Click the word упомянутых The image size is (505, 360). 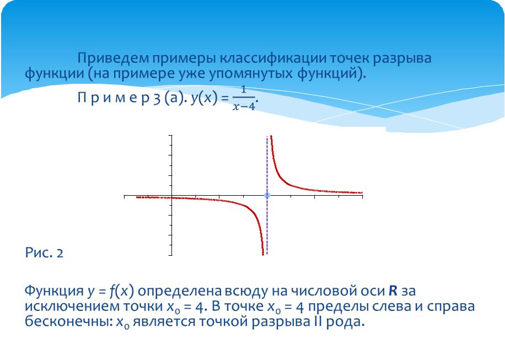click(x=251, y=74)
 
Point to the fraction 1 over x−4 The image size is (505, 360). click(x=244, y=98)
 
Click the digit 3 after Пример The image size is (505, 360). click(x=156, y=98)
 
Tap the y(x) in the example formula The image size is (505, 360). click(x=203, y=98)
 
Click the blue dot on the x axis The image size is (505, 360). click(x=267, y=195)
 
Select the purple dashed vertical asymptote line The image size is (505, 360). click(x=267, y=196)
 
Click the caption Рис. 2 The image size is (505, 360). click(x=44, y=252)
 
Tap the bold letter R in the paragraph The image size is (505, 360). click(x=393, y=291)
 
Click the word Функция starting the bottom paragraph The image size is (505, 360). click(x=54, y=292)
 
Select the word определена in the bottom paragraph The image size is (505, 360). click(x=180, y=292)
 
